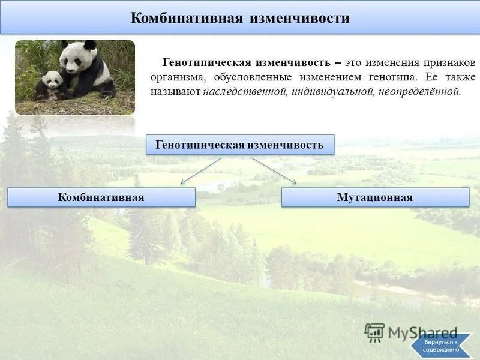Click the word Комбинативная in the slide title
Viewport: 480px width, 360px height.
coord(187,18)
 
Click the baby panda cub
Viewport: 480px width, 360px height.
coord(51,85)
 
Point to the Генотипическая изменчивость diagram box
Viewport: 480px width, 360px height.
coord(240,145)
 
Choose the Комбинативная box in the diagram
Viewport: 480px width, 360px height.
coord(101,197)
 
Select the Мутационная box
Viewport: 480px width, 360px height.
coord(375,197)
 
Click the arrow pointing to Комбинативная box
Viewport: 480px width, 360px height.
coord(200,171)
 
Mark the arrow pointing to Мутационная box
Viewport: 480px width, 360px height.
coord(274,171)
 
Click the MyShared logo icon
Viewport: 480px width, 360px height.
coord(374,332)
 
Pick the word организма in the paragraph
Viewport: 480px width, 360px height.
coord(175,77)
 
